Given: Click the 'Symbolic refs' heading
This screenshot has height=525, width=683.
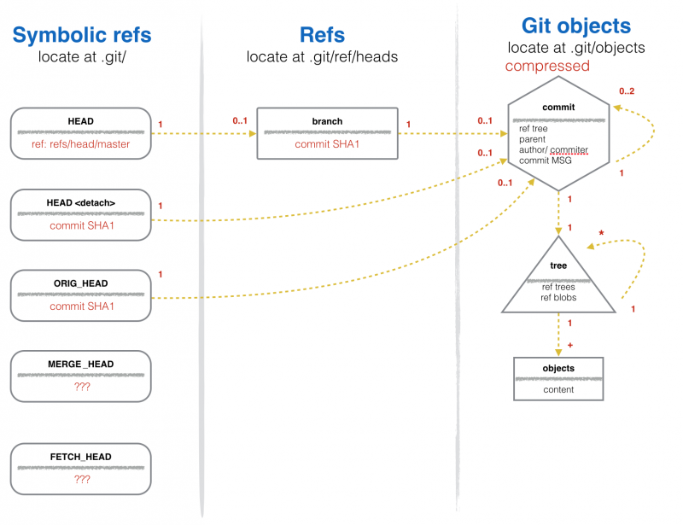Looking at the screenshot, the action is [x=82, y=35].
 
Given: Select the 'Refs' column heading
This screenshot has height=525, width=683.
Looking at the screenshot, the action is [x=323, y=35].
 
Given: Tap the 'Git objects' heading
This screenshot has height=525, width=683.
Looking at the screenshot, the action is [x=575, y=26].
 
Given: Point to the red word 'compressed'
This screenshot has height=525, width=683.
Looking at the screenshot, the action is [x=547, y=66].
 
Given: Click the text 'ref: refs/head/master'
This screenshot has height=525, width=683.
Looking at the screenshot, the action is [x=80, y=144].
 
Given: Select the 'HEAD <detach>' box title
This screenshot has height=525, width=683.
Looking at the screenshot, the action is [x=81, y=202].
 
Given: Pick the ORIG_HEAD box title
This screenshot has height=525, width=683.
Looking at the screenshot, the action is [x=81, y=283].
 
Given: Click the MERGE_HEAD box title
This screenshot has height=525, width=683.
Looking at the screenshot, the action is [x=81, y=365].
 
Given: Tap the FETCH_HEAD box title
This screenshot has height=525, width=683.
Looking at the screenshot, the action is [x=81, y=457].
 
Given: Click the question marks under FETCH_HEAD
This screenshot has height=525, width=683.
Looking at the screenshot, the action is [x=82, y=479].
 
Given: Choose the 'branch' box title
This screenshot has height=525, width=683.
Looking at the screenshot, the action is [x=327, y=121].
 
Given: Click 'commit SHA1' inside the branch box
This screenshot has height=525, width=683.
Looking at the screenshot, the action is [x=327, y=144].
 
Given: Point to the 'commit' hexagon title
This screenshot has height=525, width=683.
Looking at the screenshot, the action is [x=558, y=108].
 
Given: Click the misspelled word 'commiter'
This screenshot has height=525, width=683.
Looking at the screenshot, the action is [x=569, y=150].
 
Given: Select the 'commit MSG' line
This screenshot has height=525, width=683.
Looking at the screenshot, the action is [x=546, y=160].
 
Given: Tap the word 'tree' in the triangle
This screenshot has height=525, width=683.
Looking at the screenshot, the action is [x=558, y=265].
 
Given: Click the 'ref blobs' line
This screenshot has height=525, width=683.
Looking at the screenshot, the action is [x=558, y=298].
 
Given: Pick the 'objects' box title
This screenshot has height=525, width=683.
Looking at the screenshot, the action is [x=558, y=368].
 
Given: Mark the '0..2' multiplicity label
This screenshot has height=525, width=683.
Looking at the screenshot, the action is [x=627, y=91].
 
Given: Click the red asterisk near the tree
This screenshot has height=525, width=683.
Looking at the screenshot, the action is [x=601, y=233].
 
